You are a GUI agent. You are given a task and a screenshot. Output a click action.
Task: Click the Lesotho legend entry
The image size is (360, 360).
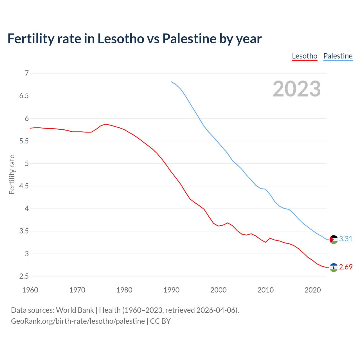(305, 56)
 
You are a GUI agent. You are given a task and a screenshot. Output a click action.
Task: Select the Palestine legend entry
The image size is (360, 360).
(338, 56)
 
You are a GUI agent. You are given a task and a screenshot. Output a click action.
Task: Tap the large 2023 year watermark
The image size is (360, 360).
(297, 89)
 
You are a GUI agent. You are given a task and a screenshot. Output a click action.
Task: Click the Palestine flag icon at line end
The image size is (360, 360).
(334, 239)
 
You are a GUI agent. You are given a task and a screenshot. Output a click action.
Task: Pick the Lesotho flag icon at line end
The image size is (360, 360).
(334, 267)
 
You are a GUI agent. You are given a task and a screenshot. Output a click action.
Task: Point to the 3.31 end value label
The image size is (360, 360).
(346, 239)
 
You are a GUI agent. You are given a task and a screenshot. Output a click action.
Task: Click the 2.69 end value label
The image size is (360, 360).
(346, 267)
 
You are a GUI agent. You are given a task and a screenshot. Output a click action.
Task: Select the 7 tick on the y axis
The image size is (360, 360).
(27, 73)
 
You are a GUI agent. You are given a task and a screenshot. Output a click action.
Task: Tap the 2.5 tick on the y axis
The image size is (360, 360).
(24, 276)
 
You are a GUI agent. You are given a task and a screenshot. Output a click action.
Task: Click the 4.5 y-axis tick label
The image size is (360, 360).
(24, 186)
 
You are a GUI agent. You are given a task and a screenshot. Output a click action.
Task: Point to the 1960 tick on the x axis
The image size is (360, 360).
(30, 290)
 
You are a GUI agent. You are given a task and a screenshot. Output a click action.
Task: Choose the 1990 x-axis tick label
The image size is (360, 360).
(171, 290)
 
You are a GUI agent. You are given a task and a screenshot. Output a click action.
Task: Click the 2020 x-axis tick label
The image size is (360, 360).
(312, 290)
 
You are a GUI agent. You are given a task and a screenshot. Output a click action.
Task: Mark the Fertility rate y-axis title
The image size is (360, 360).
(12, 174)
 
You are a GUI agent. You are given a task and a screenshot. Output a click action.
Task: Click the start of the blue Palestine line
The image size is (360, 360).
(172, 82)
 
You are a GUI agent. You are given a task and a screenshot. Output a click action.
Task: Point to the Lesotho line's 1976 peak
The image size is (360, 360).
(105, 124)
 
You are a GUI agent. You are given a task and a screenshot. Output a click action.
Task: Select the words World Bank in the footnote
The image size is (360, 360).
(75, 310)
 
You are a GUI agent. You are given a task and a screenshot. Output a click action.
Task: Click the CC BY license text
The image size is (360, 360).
(160, 321)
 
